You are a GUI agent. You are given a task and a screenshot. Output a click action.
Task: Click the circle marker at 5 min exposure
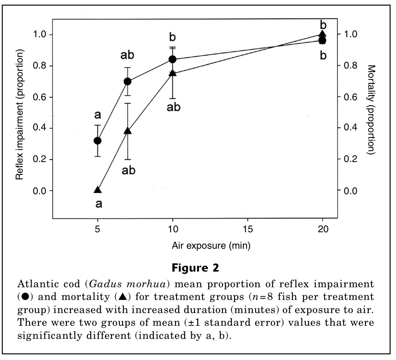pyautogui.click(x=98, y=141)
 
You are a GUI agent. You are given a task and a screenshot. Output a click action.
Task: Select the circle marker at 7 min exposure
pyautogui.click(x=128, y=81)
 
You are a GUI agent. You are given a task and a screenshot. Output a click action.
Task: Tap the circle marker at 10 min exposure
pyautogui.click(x=173, y=59)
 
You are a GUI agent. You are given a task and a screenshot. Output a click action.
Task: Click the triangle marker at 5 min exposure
pyautogui.click(x=98, y=190)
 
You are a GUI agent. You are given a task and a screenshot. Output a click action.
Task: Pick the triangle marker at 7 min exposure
pyautogui.click(x=128, y=131)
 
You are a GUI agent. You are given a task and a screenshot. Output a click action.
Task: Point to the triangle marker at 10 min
pyautogui.click(x=173, y=73)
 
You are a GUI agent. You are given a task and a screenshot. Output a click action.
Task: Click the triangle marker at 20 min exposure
pyautogui.click(x=322, y=34)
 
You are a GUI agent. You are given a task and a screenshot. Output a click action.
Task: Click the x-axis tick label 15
pyautogui.click(x=247, y=229)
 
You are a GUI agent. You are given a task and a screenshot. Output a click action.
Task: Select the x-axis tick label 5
pyautogui.click(x=98, y=229)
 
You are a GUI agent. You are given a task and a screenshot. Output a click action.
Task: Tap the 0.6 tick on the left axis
pyautogui.click(x=40, y=97)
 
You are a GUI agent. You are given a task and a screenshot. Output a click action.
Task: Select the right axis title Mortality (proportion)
pyautogui.click(x=371, y=110)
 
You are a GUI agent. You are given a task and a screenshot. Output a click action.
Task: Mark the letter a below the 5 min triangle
pyautogui.click(x=99, y=204)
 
